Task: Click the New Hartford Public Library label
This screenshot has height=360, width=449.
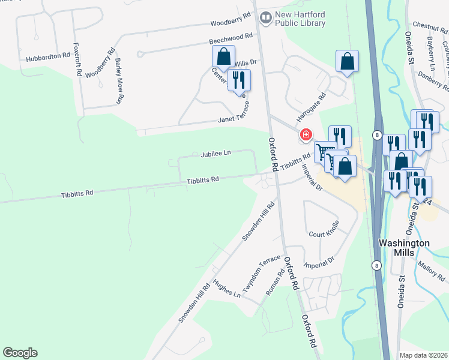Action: [300, 19]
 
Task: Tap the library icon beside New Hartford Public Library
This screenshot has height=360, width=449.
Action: [265, 19]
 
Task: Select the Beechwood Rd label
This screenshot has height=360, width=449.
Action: [231, 37]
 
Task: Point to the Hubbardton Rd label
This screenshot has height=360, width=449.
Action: [48, 57]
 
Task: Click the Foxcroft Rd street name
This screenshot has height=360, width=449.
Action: [77, 58]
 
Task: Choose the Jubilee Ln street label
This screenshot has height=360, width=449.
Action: [215, 154]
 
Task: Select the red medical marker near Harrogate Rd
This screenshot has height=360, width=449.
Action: [306, 134]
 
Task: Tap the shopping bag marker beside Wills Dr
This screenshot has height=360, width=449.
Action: [223, 57]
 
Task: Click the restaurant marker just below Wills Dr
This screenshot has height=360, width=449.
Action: [239, 79]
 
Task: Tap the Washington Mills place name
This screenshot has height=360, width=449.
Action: [404, 248]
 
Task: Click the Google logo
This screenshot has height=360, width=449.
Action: [20, 353]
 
